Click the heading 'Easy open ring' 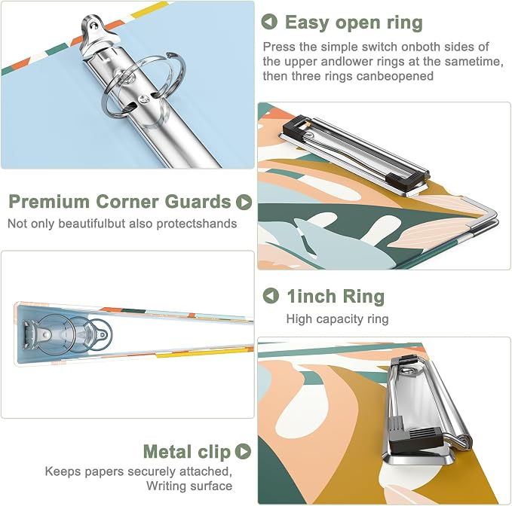354,23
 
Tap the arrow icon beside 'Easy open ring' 269,22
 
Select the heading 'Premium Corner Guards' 120,202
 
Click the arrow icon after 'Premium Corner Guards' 244,202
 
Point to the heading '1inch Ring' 336,297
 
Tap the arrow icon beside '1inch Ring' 271,296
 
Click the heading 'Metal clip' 187,452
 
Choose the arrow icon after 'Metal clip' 244,451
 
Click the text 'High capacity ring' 337,319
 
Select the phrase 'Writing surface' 189,486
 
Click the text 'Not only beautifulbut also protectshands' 122,224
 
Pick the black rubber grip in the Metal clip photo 415,440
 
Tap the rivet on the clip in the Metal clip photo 408,370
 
